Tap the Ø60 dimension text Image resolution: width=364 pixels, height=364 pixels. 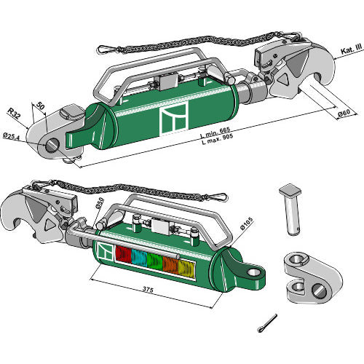pyautogui.click(x=344, y=113)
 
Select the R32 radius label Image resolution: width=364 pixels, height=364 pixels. pyautogui.click(x=14, y=114)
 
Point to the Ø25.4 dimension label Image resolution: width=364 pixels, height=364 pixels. pyautogui.click(x=11, y=136)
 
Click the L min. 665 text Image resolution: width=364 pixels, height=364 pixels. pyautogui.click(x=215, y=132)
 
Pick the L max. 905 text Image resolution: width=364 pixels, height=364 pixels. pyautogui.click(x=218, y=139)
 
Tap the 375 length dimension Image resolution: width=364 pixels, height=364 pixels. pyautogui.click(x=148, y=289)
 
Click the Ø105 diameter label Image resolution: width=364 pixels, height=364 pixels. pyautogui.click(x=247, y=223)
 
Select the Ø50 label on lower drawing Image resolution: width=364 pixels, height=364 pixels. pyautogui.click(x=100, y=203)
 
